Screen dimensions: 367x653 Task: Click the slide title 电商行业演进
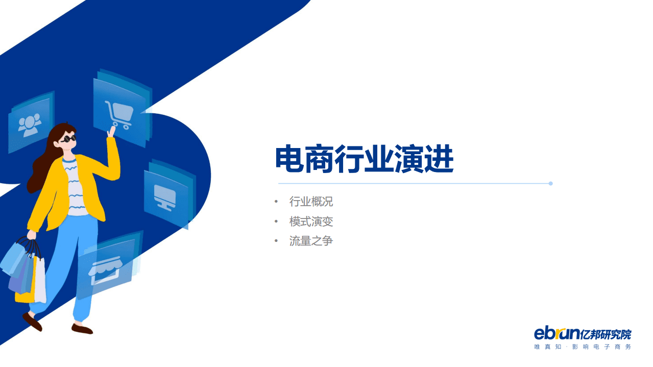(x=364, y=159)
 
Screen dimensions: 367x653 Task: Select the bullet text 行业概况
(x=311, y=202)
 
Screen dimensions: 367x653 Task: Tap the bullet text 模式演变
(x=311, y=222)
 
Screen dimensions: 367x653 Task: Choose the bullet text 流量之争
(x=311, y=241)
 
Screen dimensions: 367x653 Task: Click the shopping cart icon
(x=118, y=114)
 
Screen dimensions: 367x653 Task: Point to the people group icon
(x=29, y=124)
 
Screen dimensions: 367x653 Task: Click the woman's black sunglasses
(x=68, y=139)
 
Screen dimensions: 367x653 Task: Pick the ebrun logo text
(x=557, y=334)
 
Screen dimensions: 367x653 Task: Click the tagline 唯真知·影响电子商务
(x=582, y=347)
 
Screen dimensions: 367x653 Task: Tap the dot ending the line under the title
(x=550, y=183)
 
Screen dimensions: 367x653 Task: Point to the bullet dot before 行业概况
(x=276, y=202)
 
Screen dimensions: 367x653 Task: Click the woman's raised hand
(x=111, y=131)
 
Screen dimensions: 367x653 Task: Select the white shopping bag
(x=40, y=281)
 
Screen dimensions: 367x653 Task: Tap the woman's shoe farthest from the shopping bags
(x=82, y=329)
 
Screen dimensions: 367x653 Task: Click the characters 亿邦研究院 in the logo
(x=606, y=334)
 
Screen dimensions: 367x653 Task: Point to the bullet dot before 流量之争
(x=276, y=241)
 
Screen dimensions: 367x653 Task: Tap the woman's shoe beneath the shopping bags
(x=32, y=322)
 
